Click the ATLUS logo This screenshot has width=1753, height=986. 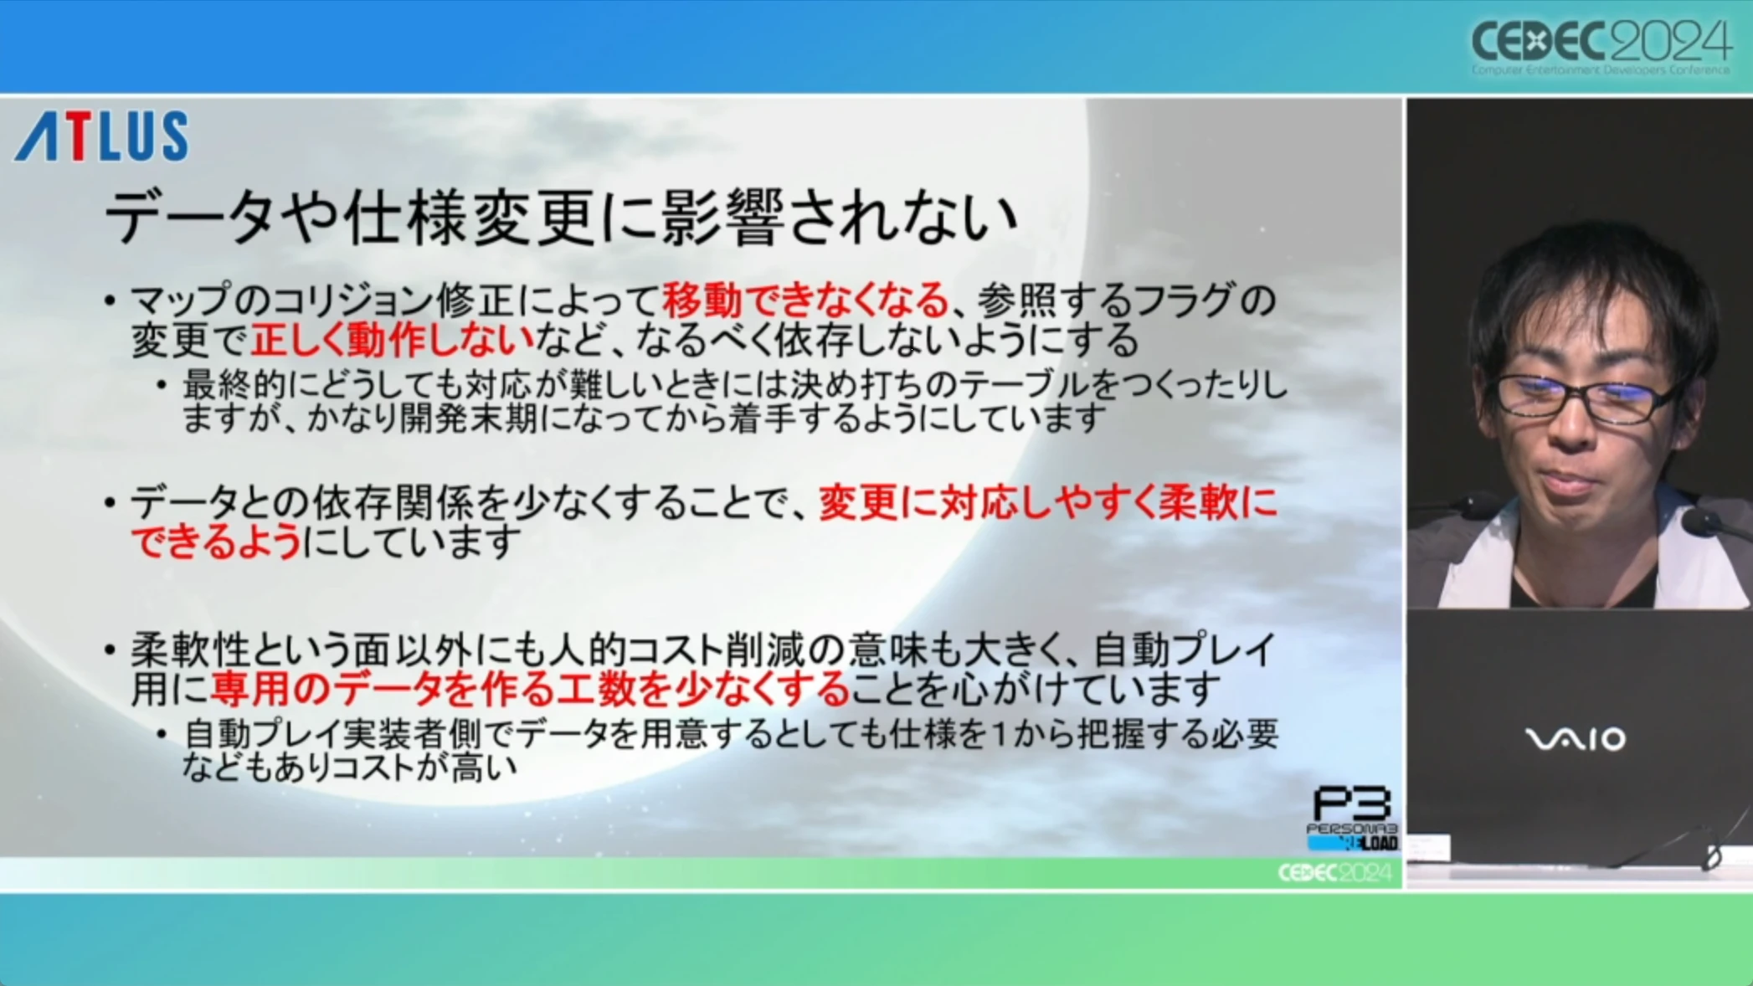point(101,136)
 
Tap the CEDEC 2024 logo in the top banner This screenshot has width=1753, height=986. point(1601,47)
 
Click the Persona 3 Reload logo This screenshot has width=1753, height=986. point(1352,818)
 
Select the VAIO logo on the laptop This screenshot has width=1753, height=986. point(1575,739)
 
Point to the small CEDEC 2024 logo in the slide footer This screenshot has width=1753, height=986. point(1334,873)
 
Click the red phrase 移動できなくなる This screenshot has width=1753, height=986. point(805,300)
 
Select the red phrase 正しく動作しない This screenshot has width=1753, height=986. point(392,339)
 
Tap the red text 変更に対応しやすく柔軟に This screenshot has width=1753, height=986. point(1048,502)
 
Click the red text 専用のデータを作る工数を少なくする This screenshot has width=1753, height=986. point(530,689)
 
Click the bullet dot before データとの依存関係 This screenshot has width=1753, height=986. point(109,503)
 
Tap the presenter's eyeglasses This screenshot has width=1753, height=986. point(1585,397)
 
